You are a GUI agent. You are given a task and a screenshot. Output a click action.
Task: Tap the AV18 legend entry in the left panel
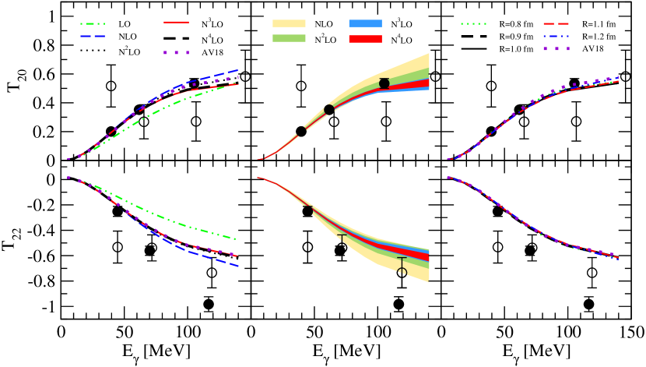click(x=220, y=52)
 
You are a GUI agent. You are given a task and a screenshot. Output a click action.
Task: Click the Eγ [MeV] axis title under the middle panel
click(x=346, y=355)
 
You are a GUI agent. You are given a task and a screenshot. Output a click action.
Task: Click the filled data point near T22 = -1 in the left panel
click(x=209, y=304)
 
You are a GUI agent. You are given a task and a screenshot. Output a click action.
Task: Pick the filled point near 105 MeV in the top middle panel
click(x=384, y=83)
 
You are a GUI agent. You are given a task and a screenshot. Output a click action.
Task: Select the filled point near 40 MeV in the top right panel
click(x=490, y=132)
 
